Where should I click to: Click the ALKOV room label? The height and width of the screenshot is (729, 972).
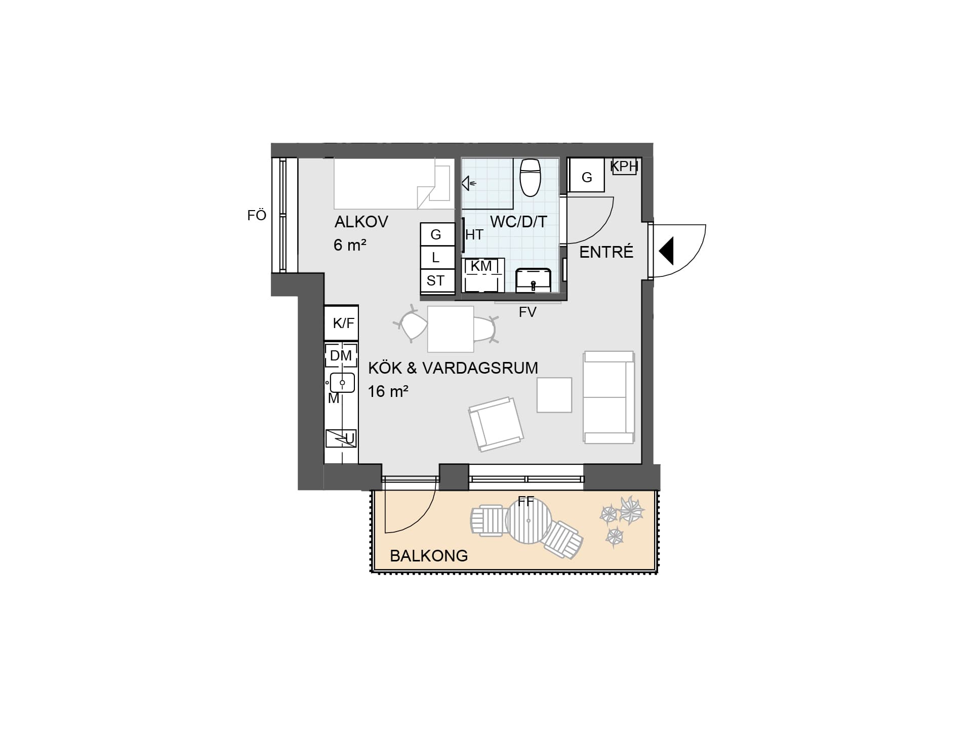361,222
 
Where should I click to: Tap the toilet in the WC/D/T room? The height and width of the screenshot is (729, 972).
531,177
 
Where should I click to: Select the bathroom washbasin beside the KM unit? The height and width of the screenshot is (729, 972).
533,280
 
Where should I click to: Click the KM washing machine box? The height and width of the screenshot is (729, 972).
483,275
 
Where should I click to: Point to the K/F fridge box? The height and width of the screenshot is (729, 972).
341,323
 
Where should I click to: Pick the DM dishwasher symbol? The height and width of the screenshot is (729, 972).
341,355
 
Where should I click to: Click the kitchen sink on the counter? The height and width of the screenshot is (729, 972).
342,382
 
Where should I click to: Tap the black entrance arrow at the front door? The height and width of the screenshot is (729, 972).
666,251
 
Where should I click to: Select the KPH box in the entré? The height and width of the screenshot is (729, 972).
624,166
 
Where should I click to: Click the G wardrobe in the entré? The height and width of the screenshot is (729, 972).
586,175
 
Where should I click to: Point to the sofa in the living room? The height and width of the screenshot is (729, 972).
609,397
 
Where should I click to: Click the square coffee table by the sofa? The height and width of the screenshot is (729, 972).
554,395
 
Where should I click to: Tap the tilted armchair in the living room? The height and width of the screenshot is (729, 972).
496,424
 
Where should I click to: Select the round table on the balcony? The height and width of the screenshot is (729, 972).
528,521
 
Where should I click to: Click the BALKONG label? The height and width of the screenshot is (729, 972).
429,556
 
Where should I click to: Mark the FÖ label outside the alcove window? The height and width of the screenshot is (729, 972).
257,216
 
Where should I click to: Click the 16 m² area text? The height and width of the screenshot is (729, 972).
388,391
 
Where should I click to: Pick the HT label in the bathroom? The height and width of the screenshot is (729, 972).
474,235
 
